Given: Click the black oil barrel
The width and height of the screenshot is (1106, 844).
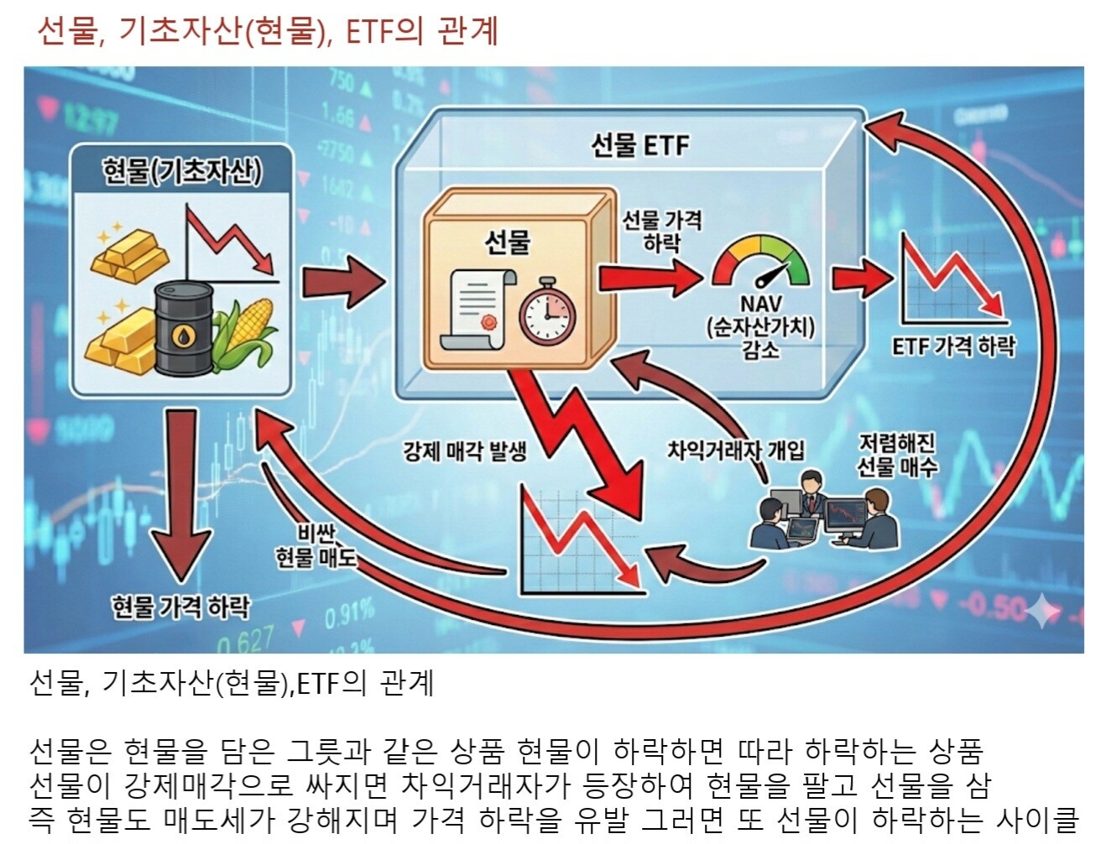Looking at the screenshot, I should (183, 328).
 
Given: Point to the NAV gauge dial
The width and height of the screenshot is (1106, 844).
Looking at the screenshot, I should (761, 264).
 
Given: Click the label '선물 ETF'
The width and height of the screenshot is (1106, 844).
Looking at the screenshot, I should (639, 145).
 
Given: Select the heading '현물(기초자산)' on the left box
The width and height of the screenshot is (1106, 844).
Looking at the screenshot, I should (182, 171).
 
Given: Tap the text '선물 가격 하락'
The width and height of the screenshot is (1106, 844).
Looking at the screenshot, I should (661, 232).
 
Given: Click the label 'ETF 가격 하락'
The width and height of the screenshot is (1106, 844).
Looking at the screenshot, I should (953, 345).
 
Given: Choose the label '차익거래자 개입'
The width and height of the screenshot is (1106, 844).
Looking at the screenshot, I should (735, 451).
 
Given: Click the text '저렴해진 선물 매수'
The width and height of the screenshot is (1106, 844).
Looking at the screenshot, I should (896, 455).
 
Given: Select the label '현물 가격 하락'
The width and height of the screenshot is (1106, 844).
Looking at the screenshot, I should (180, 606).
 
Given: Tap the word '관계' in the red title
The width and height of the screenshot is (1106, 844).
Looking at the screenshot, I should (467, 31).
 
